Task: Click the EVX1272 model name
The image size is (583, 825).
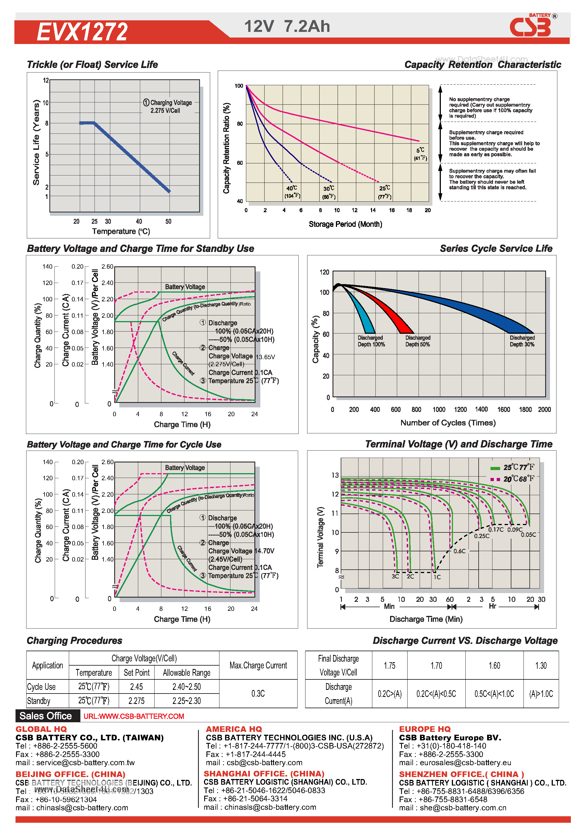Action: click(82, 32)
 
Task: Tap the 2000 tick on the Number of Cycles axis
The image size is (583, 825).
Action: click(544, 409)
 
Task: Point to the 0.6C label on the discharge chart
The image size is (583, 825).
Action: click(459, 551)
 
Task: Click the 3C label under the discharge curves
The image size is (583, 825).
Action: click(395, 576)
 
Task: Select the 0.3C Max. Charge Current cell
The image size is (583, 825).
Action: click(258, 693)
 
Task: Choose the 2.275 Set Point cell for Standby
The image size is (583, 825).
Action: click(137, 700)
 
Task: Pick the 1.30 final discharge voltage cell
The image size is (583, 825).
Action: click(541, 666)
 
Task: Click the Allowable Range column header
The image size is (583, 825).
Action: click(186, 672)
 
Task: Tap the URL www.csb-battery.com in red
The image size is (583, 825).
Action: click(134, 716)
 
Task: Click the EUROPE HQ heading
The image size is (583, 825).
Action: click(424, 729)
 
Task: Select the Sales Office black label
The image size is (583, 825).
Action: click(46, 716)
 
